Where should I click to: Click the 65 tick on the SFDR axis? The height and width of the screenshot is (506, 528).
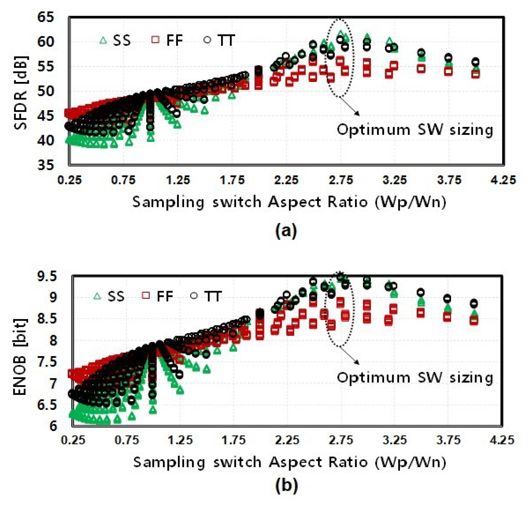(x=46, y=17)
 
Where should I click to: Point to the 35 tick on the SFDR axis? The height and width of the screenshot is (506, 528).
(x=46, y=165)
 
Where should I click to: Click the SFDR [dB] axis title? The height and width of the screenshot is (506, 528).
(x=21, y=92)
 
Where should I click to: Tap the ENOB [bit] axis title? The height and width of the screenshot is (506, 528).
(x=20, y=357)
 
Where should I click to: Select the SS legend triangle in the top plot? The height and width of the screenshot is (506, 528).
(x=103, y=40)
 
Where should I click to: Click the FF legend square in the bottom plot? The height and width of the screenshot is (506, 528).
(x=145, y=296)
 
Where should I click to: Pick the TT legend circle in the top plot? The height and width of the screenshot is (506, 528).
(x=207, y=40)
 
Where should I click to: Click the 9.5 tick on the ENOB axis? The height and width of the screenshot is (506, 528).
(x=47, y=276)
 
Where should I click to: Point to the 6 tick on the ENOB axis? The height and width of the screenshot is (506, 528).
(x=53, y=426)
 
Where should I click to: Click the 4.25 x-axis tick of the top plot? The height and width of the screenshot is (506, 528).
(x=503, y=180)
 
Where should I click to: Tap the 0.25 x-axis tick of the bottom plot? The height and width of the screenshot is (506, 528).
(x=73, y=440)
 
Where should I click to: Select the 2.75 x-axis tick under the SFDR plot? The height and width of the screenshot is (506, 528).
(x=341, y=180)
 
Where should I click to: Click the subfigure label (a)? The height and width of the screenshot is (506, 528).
(x=286, y=230)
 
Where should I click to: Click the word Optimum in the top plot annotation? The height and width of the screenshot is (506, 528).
(x=373, y=129)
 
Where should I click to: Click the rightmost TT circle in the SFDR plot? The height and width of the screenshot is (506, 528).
(x=475, y=62)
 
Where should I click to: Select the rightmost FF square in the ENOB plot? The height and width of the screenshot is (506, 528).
(x=474, y=320)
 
